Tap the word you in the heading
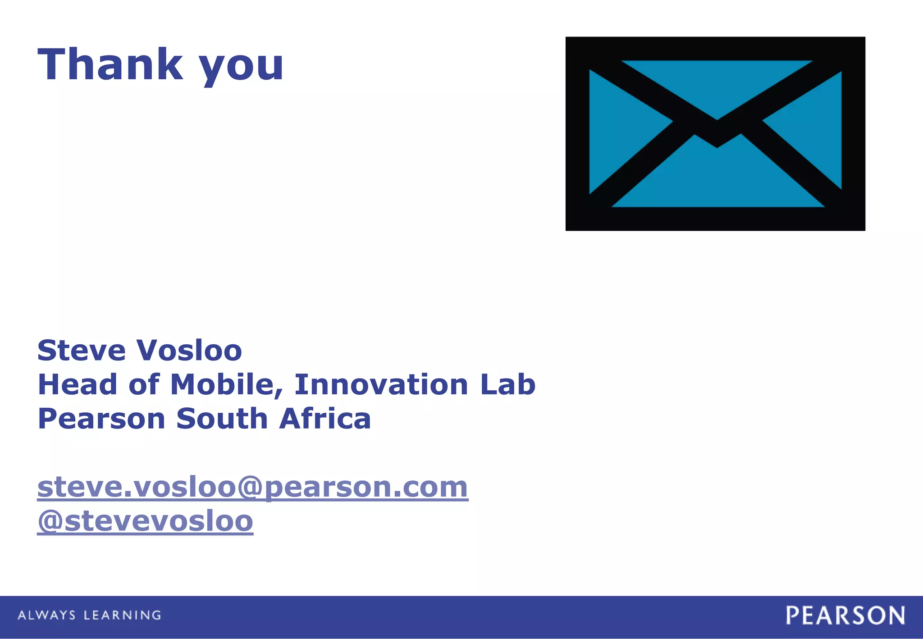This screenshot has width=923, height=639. coord(242,68)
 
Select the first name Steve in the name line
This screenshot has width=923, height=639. coord(81,351)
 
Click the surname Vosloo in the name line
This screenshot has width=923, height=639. coord(189,351)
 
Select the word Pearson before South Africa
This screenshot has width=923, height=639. coord(101,419)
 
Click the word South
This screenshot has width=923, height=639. coord(222,419)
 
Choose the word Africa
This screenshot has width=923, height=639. coord(325,419)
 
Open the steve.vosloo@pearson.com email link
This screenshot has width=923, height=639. coord(253,488)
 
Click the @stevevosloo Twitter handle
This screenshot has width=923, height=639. coord(145,521)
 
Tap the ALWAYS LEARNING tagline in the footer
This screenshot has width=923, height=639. coord(89,615)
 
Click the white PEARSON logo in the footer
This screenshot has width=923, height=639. coord(845,616)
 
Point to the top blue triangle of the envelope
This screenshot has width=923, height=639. coord(717,83)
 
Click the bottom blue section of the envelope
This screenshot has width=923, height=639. coord(717,180)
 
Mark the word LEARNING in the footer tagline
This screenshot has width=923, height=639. coord(123,615)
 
